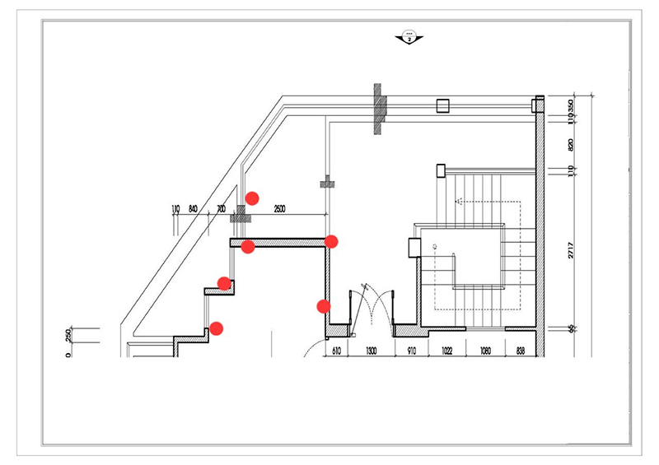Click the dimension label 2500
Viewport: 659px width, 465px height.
[x=278, y=210]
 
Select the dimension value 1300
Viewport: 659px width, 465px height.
[x=372, y=351]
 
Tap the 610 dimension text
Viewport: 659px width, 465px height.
[x=336, y=351]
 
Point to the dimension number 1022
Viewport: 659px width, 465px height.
[x=446, y=351]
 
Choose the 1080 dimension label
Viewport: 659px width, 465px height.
[x=485, y=351]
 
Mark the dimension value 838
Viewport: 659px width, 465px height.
[x=521, y=351]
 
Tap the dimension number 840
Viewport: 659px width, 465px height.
[x=194, y=210]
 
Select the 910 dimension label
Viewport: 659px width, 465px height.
[x=411, y=351]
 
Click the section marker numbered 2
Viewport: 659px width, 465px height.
[x=409, y=37]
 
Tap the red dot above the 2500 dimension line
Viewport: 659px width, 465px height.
[x=253, y=198]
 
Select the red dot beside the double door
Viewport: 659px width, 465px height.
[x=324, y=306]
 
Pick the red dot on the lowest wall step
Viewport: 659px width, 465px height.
[x=216, y=328]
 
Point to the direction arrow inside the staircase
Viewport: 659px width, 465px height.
[x=457, y=200]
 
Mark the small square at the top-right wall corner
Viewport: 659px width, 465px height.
[x=538, y=105]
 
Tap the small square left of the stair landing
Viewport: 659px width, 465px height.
[x=414, y=244]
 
